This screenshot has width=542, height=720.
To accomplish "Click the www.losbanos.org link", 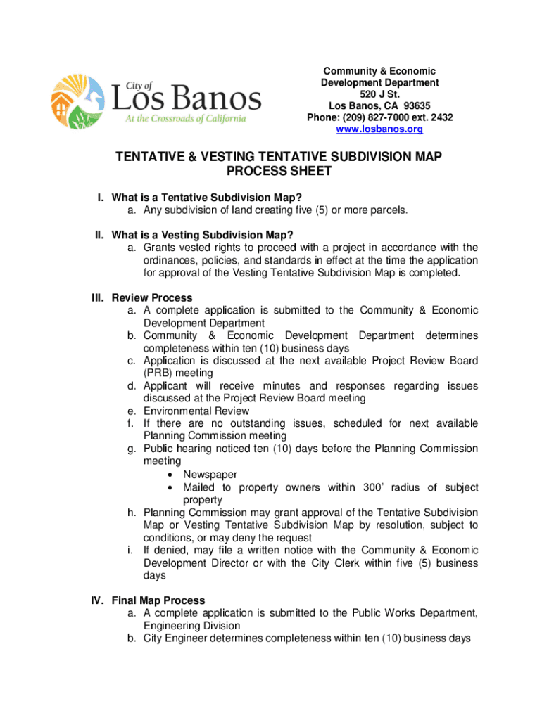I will pos(379,129).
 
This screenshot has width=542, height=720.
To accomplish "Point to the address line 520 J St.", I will pos(379,94).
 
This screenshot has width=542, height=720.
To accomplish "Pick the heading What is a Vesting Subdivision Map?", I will pos(202,235).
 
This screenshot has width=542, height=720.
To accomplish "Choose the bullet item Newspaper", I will pos(210,475).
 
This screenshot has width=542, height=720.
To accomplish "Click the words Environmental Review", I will pos(196,411).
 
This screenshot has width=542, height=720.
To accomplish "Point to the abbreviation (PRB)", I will pos(158,373).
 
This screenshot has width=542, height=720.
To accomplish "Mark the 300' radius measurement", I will pos(379,487).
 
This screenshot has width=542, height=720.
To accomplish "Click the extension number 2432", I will pos(439,117).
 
